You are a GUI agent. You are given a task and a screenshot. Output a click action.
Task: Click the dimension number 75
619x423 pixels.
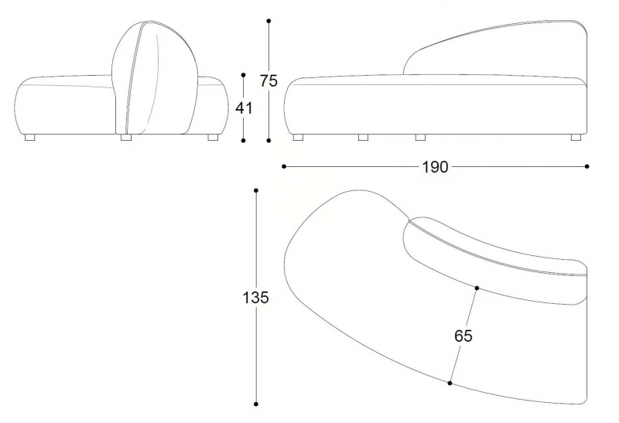[x=268, y=81]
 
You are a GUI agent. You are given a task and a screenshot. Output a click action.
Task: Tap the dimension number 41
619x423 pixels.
[x=244, y=107]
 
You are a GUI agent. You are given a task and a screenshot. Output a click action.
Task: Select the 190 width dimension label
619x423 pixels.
[x=436, y=167]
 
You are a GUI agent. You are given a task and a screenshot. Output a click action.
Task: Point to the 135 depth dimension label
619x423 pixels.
[x=256, y=298]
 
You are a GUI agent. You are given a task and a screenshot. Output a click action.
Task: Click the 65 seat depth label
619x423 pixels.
[x=463, y=336]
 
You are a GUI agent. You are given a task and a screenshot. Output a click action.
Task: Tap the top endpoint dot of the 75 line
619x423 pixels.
[x=268, y=21]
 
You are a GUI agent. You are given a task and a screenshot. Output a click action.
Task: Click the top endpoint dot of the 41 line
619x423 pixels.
[x=243, y=75]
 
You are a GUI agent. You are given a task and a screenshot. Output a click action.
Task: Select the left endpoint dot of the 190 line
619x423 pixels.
[x=284, y=166]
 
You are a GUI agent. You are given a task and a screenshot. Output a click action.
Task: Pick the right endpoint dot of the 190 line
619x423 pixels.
[x=587, y=166]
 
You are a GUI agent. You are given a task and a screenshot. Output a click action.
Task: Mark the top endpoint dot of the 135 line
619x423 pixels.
[x=256, y=190]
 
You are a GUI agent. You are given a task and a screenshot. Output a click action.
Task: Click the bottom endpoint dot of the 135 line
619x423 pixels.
[x=256, y=404]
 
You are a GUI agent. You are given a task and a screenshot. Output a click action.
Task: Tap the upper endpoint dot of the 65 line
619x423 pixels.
[x=477, y=288]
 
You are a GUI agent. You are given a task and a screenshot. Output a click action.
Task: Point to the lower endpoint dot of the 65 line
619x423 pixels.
[x=450, y=383]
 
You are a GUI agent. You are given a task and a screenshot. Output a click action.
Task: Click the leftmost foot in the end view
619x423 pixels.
[x=29, y=138]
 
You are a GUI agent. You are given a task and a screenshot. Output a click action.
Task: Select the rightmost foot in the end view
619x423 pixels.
[x=214, y=138]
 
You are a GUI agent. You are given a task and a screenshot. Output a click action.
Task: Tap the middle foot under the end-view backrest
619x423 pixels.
[x=126, y=138]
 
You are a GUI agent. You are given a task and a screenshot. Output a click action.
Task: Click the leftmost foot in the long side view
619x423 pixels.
[x=299, y=138]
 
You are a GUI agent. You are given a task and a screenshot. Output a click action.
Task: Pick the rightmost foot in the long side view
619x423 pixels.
[x=576, y=138]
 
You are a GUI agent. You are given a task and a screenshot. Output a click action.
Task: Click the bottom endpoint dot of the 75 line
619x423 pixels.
[x=268, y=141]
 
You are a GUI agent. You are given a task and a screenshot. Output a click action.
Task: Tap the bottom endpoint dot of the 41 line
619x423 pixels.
[x=243, y=141]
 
